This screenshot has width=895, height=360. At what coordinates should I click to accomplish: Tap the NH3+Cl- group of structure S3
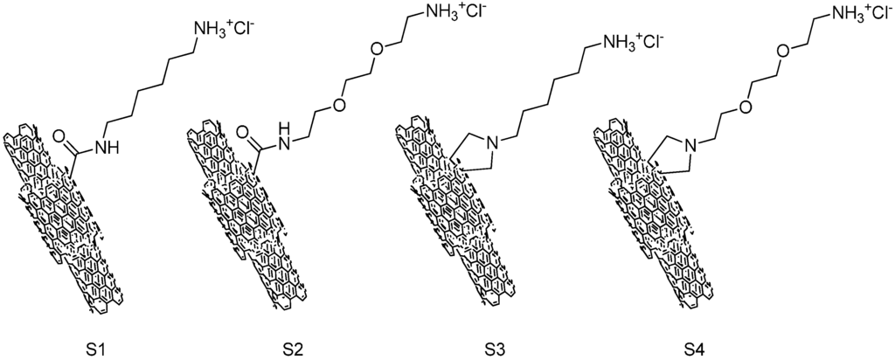(629, 42)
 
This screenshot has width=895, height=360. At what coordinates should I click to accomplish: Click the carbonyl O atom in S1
(62, 136)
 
